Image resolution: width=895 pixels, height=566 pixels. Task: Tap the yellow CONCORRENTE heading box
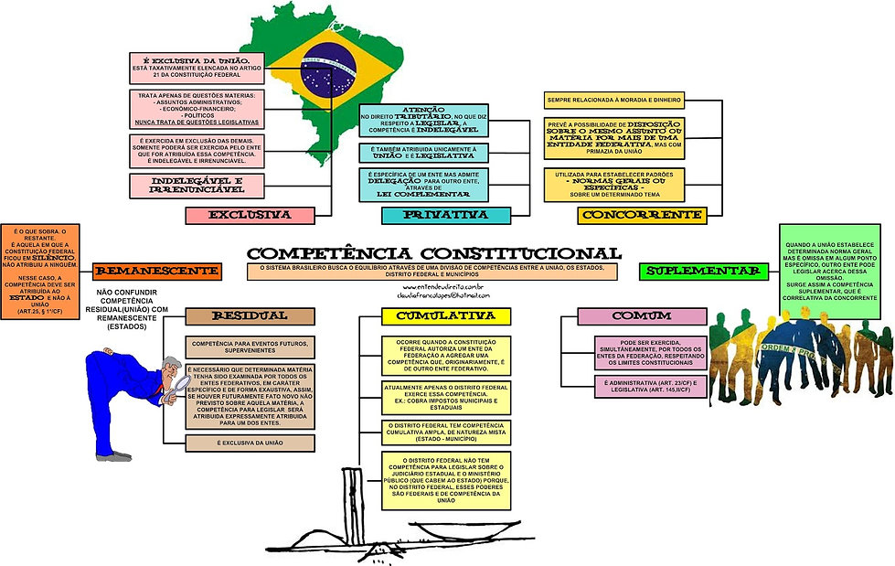click(x=642, y=215)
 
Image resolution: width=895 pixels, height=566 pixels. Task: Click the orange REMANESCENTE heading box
click(x=157, y=271)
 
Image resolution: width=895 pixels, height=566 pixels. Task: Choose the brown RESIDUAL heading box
click(x=250, y=316)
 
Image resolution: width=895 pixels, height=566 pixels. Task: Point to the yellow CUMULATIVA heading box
click(x=446, y=316)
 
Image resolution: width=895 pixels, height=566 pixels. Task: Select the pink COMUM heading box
click(x=630, y=316)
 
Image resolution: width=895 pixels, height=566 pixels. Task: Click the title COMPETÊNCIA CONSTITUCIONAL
click(x=434, y=252)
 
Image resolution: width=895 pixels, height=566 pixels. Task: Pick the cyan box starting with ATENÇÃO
click(x=423, y=120)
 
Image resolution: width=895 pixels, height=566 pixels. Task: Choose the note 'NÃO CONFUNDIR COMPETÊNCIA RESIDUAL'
click(x=133, y=310)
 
